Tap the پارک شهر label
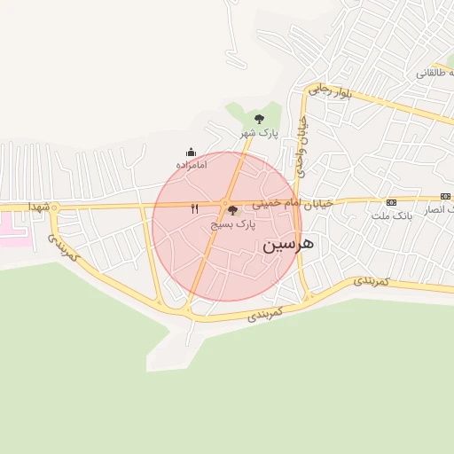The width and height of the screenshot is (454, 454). pyautogui.click(x=258, y=133)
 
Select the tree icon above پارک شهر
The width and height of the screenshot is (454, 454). pyautogui.click(x=259, y=118)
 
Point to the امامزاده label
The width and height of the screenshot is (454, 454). pyautogui.click(x=191, y=165)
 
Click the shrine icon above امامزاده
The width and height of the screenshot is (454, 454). pyautogui.click(x=191, y=153)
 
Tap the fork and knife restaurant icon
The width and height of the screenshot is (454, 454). pyautogui.click(x=194, y=209)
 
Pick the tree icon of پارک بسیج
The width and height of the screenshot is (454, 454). pyautogui.click(x=233, y=211)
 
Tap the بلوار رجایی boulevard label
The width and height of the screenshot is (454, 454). pyautogui.click(x=331, y=90)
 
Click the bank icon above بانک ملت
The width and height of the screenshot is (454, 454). pyautogui.click(x=391, y=203)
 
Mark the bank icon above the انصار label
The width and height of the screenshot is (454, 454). pyautogui.click(x=445, y=196)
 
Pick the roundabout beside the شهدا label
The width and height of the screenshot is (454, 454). pyautogui.click(x=53, y=208)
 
